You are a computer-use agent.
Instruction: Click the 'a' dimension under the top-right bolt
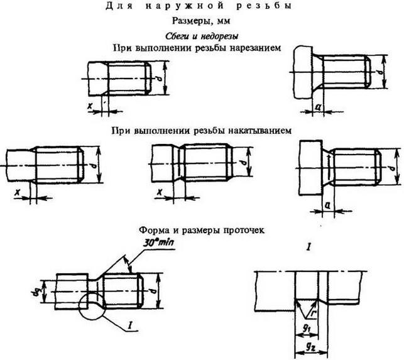click(319, 109)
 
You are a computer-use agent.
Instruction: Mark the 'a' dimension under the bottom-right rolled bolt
click(328, 205)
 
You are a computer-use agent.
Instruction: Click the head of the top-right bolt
click(303, 74)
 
